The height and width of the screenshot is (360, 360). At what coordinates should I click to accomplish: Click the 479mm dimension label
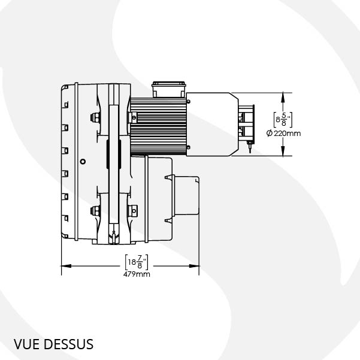(137, 274)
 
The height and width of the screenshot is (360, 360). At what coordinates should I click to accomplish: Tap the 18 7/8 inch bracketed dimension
(137, 262)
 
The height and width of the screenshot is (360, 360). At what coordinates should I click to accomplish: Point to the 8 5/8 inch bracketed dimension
(283, 120)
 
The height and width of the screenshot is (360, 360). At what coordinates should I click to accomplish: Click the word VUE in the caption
(26, 344)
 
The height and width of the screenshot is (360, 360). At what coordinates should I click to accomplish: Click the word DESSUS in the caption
(68, 344)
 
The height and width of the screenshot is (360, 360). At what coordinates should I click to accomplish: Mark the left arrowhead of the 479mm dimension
(66, 266)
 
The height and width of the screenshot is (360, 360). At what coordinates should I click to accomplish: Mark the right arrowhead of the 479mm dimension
(194, 266)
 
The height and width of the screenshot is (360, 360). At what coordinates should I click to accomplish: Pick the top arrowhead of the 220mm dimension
(283, 98)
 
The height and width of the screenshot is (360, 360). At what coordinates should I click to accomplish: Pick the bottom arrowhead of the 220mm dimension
(283, 151)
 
